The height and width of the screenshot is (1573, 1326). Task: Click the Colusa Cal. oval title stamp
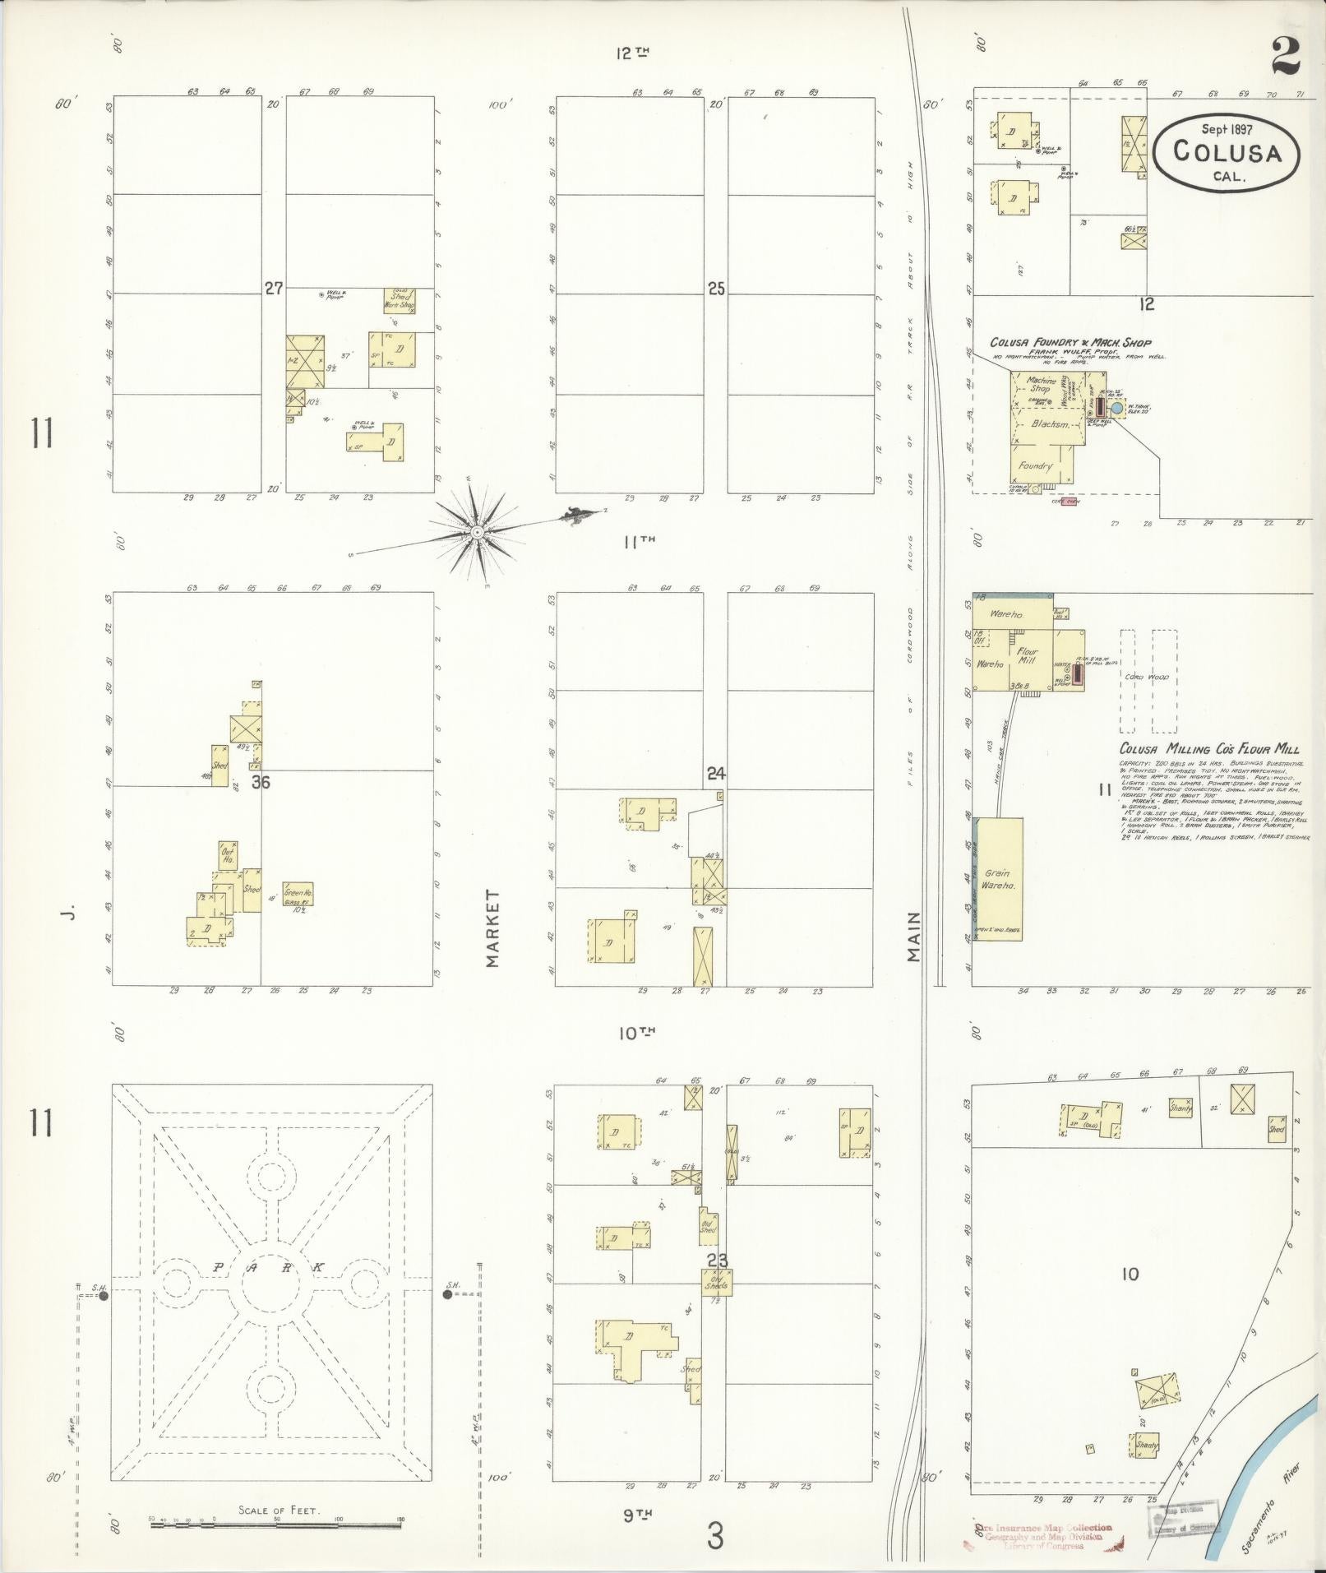point(1227,152)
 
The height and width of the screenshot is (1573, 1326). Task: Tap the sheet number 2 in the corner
point(1285,56)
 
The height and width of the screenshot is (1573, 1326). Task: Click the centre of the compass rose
point(476,533)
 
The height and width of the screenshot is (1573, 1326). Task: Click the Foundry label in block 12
point(1035,465)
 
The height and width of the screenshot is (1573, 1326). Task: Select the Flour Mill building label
point(1028,656)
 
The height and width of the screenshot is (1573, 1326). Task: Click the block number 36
point(261,782)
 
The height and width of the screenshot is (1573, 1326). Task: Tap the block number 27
point(274,289)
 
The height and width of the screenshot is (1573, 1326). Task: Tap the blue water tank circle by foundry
point(1116,407)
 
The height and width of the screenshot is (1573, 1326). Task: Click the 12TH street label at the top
point(633,53)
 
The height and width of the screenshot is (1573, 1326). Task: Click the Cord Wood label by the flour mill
point(1147,678)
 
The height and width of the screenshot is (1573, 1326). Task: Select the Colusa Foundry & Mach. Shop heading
point(1070,342)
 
